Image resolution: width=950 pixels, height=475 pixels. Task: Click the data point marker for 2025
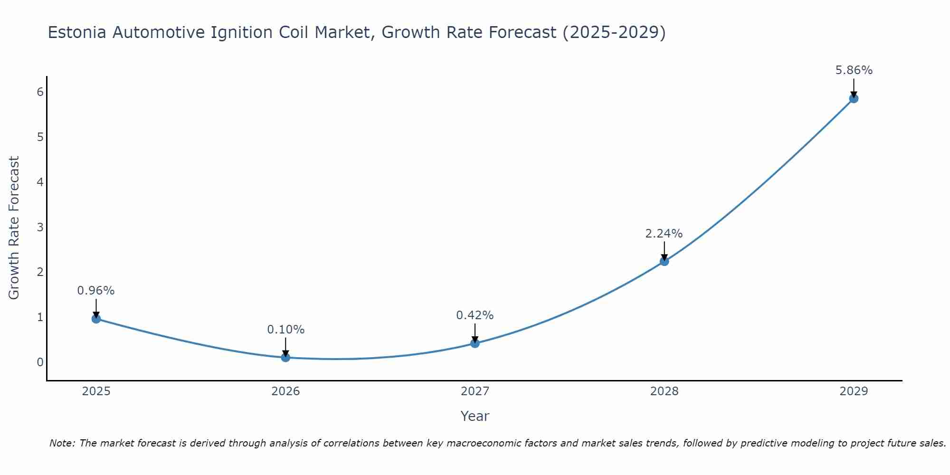96,319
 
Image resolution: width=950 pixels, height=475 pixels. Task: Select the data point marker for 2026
285,357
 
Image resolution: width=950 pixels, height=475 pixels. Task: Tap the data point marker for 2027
475,343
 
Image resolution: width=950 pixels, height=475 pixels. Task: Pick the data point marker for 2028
664,261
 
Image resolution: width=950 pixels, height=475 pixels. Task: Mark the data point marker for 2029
854,98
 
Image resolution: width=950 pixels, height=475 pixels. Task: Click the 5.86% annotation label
854,70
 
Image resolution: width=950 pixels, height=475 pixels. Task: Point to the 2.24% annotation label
664,234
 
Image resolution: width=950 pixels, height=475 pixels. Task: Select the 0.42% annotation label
475,315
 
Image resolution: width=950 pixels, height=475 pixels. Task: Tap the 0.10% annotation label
285,330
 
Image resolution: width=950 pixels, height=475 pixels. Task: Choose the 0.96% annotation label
96,291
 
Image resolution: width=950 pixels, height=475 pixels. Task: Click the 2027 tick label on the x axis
475,391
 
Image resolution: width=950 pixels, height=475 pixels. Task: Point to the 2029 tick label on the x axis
854,391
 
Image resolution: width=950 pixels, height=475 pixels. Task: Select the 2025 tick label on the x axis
96,391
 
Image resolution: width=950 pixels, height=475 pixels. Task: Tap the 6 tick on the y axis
40,92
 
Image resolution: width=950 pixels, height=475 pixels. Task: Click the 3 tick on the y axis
40,227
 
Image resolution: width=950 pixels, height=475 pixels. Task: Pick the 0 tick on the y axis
40,362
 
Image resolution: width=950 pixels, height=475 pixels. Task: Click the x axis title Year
475,416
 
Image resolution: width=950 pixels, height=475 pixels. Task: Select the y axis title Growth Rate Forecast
14,228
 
